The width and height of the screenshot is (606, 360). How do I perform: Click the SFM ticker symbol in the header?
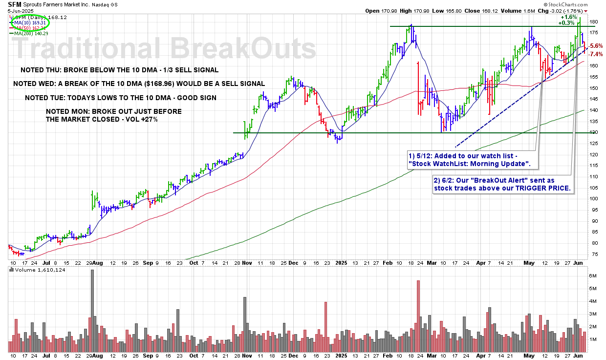click(15, 3)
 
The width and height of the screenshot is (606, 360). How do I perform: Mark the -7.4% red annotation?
click(596, 54)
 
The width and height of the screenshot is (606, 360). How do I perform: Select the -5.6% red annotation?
click(596, 46)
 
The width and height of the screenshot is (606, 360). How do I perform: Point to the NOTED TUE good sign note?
click(121, 98)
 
